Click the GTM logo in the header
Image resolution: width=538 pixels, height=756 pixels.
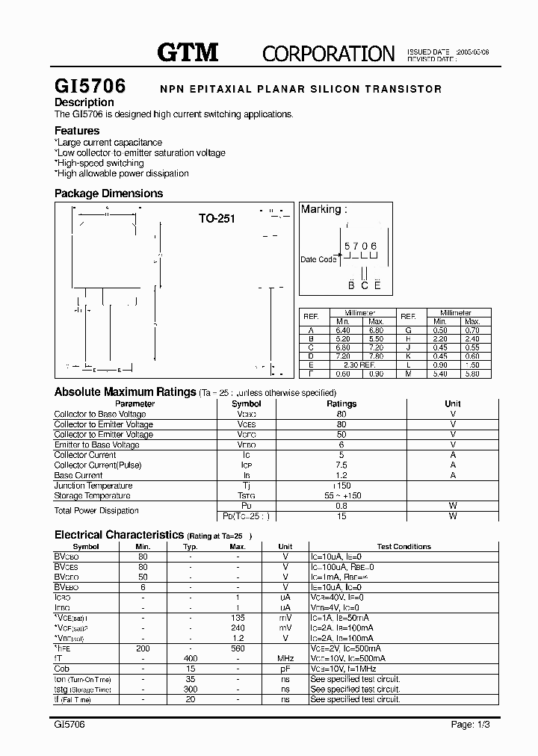pos(188,52)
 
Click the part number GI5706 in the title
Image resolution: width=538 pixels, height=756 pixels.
pos(90,87)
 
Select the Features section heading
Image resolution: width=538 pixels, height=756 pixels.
pos(77,131)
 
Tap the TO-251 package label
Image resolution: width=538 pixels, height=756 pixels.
pos(217,219)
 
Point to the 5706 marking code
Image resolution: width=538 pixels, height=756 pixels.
pos(360,246)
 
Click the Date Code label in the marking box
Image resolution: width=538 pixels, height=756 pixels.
pos(319,259)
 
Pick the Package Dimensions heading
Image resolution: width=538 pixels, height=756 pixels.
pos(108,193)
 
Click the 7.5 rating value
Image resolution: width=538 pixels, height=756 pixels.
pos(341,465)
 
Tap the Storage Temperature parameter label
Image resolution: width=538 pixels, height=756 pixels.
pos(92,495)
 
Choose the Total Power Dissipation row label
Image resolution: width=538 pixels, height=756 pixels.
pos(96,511)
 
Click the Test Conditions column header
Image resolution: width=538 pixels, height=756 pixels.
pos(403,547)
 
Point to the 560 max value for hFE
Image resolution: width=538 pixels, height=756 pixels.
pos(238,649)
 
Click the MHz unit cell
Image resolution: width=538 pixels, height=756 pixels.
pos(285,659)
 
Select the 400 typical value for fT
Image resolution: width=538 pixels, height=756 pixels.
pos(191,659)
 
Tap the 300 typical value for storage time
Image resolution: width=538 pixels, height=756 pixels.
pos(191,690)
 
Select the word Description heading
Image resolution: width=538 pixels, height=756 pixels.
pos(84,102)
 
